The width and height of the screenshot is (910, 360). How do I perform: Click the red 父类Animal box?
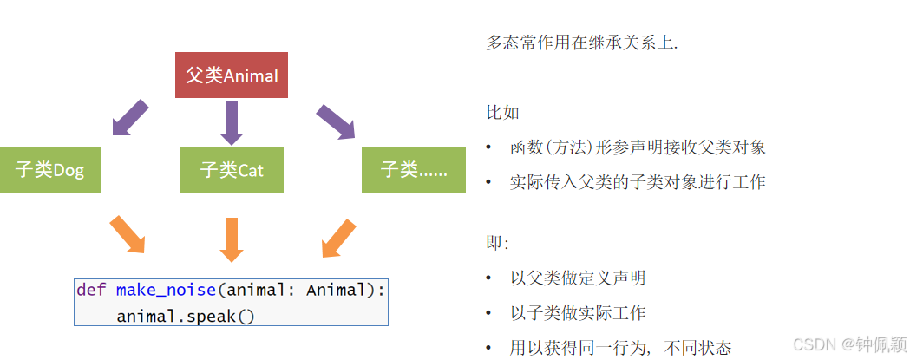(x=231, y=75)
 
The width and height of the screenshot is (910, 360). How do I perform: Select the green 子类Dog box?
(x=50, y=169)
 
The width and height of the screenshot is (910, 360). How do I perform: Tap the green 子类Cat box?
(x=232, y=169)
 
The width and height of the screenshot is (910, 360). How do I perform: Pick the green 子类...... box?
(x=414, y=169)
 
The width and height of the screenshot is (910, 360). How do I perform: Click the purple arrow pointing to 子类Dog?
(x=131, y=118)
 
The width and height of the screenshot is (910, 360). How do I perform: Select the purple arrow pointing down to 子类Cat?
(x=231, y=122)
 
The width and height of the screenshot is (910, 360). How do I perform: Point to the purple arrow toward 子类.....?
(x=335, y=121)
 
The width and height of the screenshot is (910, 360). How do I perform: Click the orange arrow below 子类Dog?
(x=127, y=235)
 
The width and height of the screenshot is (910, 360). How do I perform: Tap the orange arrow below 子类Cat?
(x=231, y=239)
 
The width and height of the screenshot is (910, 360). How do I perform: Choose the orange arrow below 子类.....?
(x=338, y=238)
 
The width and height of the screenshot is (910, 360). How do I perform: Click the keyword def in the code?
(x=91, y=290)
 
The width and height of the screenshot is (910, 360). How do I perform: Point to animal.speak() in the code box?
(x=186, y=316)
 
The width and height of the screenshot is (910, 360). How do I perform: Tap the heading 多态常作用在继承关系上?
(x=582, y=43)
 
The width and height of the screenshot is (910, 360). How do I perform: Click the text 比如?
(x=502, y=113)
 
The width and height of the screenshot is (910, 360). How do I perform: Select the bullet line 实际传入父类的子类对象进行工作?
(x=638, y=182)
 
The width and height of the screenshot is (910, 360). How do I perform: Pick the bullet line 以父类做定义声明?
(x=577, y=278)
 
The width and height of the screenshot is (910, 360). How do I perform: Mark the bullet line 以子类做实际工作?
(x=577, y=313)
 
